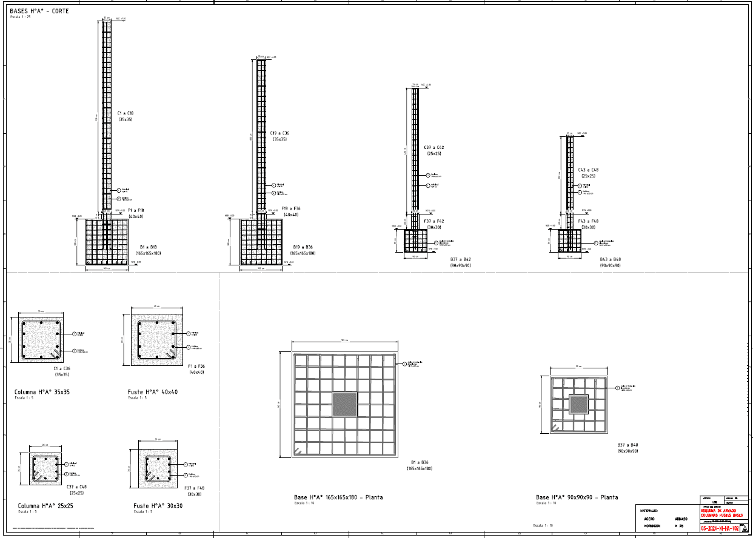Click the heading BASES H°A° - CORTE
[39, 12]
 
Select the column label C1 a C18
[125, 113]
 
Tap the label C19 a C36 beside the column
[279, 133]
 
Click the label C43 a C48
[588, 170]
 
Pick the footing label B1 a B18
[149, 247]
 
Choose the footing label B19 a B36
[303, 247]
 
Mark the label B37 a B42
[460, 259]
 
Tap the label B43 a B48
[611, 259]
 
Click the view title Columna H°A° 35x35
[42, 392]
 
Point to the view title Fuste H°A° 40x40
[152, 392]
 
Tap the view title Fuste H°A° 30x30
[158, 505]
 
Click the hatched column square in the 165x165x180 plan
[345, 404]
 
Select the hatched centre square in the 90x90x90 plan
[579, 404]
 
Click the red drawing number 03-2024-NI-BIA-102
[719, 528]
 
